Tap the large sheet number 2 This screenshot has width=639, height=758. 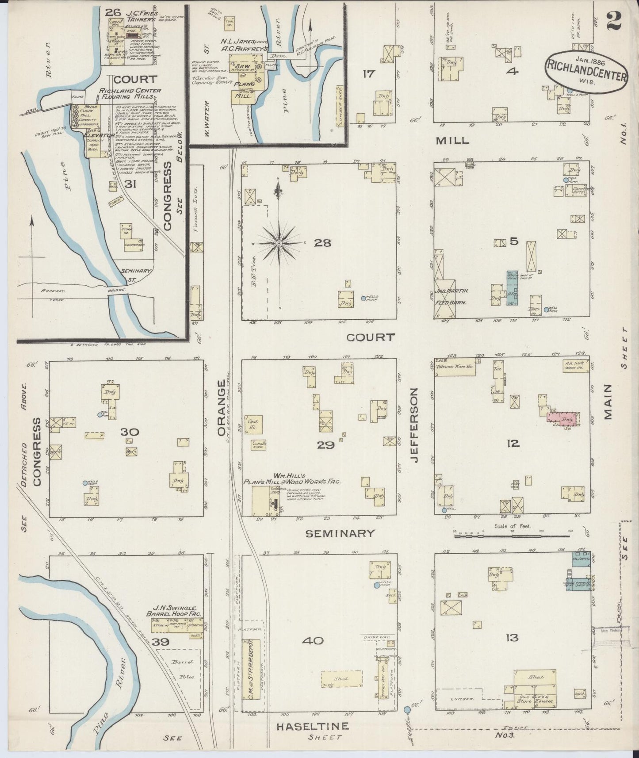pos(615,22)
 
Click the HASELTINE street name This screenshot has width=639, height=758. pos(313,726)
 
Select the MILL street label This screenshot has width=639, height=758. pos(452,141)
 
